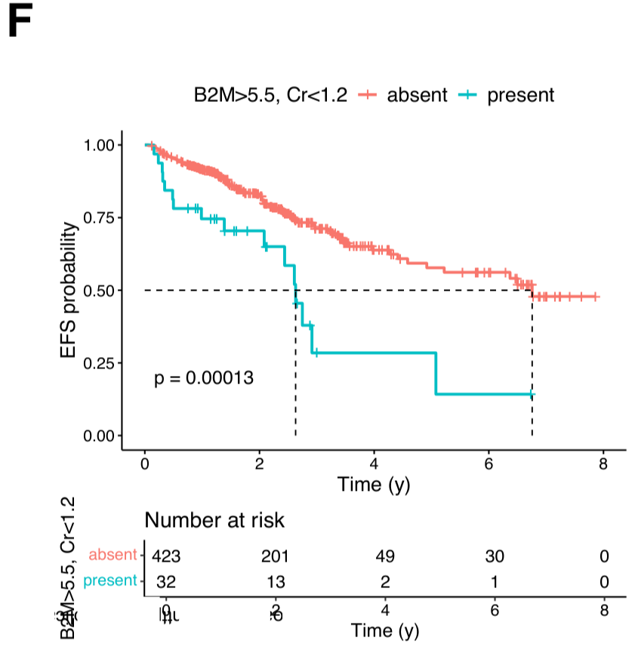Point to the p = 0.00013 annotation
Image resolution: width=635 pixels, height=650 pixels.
click(x=204, y=378)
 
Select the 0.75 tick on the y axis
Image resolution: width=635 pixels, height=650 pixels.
click(x=99, y=217)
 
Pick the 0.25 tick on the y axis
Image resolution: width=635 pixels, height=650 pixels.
click(x=99, y=363)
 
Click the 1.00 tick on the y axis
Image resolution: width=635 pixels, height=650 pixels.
click(x=99, y=145)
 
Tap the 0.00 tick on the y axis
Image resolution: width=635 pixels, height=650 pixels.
click(x=99, y=436)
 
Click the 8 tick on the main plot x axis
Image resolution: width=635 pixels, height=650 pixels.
click(x=603, y=464)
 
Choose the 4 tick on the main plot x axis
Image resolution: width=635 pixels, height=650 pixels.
click(x=374, y=464)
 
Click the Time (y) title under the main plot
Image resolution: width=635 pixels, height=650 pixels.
click(x=374, y=484)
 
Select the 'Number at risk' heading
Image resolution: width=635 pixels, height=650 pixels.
click(x=214, y=520)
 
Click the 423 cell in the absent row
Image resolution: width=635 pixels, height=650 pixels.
click(x=166, y=556)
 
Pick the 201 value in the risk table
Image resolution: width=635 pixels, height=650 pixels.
click(x=276, y=556)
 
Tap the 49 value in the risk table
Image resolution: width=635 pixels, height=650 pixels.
click(x=385, y=556)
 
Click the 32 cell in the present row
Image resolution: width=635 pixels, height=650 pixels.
click(x=166, y=582)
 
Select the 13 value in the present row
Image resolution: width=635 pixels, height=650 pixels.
click(x=276, y=582)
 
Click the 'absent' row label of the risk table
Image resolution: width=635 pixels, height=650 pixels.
click(x=113, y=556)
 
